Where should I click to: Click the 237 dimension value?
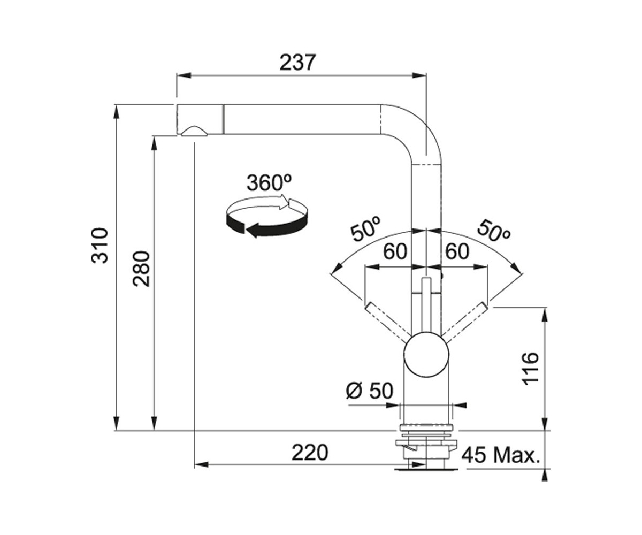(x=297, y=63)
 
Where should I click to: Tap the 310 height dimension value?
(x=100, y=246)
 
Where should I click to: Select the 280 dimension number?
(x=141, y=269)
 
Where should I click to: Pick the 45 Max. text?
(x=501, y=456)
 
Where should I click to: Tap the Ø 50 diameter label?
(x=370, y=391)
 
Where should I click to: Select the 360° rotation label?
(x=269, y=182)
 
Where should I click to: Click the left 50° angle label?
(x=366, y=229)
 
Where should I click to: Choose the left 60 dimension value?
(x=395, y=251)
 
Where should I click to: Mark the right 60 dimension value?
(x=457, y=251)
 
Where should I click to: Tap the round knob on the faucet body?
(x=426, y=355)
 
